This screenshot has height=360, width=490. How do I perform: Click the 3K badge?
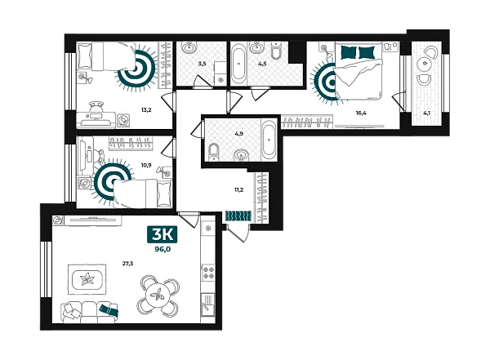[x=162, y=234]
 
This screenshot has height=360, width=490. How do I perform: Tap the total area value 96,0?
[x=163, y=249]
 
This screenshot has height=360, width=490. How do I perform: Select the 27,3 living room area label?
[x=127, y=264]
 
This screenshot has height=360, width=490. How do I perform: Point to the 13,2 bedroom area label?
[x=146, y=109]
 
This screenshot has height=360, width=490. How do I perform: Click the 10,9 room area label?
[x=146, y=165]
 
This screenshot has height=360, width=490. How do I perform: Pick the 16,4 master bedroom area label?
[x=361, y=113]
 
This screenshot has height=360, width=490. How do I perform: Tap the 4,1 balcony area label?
[x=426, y=113]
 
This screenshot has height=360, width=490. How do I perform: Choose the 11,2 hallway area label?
[x=238, y=189]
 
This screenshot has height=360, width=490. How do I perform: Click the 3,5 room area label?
[x=202, y=64]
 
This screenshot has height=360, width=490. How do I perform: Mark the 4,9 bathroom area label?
[x=238, y=133]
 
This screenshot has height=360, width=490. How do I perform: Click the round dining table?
[x=158, y=295]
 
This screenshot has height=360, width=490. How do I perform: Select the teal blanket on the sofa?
[x=109, y=310]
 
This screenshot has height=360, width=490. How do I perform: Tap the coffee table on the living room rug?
[x=87, y=279]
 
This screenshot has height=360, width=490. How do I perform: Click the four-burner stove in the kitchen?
[x=207, y=272]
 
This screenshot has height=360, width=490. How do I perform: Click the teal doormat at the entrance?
[x=238, y=216]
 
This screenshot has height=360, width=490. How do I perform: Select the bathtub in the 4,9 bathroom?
[x=269, y=140]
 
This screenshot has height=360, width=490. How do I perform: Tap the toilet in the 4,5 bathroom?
[x=277, y=51]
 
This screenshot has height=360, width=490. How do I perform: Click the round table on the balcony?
[x=424, y=63]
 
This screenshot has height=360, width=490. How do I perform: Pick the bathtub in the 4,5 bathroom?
[x=239, y=64]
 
